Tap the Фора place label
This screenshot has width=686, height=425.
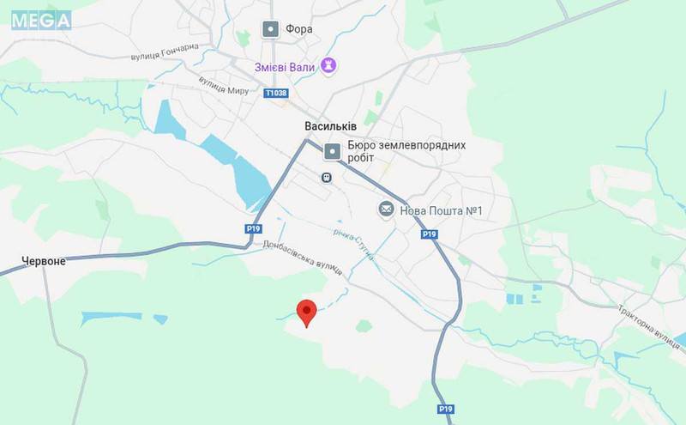click(300, 29)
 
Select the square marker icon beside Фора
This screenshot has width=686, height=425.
click(270, 30)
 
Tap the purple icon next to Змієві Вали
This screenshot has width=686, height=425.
click(328, 65)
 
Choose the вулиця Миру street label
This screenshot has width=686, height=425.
click(223, 85)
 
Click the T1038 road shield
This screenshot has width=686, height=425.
click(276, 93)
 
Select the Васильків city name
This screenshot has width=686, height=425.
click(330, 125)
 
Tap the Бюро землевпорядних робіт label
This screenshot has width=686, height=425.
click(406, 151)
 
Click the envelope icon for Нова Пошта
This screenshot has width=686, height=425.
click(386, 209)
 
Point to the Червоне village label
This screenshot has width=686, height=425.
click(43, 261)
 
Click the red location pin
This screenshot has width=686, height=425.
click(306, 313)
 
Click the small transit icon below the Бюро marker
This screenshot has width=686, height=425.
click(326, 178)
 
